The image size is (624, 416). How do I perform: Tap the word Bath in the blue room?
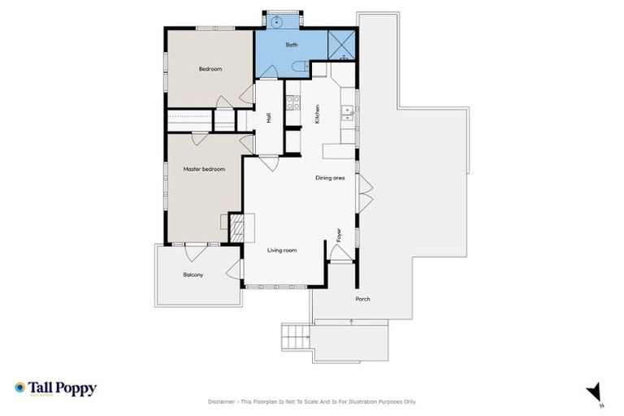click(291, 45)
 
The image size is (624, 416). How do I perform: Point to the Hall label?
click(268, 118)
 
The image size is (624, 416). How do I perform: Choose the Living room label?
click(282, 250)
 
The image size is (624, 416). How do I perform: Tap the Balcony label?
click(193, 275)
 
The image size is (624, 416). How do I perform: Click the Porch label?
click(362, 299)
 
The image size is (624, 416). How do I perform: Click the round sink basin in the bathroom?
click(275, 21)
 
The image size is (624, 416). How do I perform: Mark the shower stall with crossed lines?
click(341, 45)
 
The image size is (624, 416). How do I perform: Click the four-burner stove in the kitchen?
click(292, 102)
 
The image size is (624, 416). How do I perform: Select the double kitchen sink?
click(348, 114)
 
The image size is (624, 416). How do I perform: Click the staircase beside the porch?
click(297, 334)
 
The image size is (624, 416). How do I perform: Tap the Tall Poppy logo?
click(55, 388)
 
